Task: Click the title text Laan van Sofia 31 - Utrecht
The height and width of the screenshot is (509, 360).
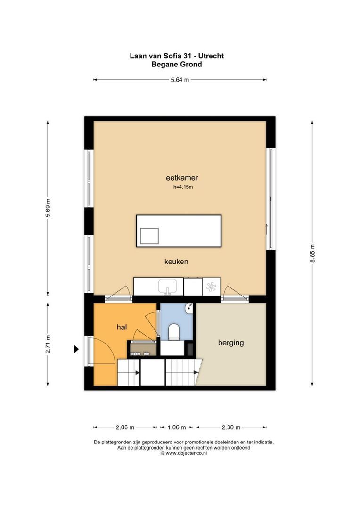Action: click(x=177, y=56)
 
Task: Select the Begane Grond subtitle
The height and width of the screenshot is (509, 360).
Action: click(x=177, y=64)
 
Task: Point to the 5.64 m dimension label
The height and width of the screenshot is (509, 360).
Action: click(x=180, y=80)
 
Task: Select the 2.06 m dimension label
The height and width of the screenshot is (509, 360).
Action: click(x=125, y=427)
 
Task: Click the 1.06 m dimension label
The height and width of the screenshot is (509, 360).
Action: click(x=177, y=427)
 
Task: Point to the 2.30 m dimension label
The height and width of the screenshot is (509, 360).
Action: click(x=231, y=427)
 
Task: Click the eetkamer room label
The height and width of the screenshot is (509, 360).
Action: click(x=181, y=178)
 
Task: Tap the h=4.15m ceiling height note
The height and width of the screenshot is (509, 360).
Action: click(x=183, y=187)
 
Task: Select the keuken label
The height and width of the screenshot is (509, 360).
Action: click(x=176, y=261)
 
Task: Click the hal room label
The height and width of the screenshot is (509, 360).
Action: click(x=123, y=326)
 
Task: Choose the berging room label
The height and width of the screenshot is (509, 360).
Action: click(x=231, y=343)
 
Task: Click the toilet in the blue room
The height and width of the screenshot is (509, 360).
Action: click(x=173, y=332)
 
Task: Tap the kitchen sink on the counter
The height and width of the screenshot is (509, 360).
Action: click(x=167, y=286)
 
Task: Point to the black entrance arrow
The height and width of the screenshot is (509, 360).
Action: click(x=75, y=349)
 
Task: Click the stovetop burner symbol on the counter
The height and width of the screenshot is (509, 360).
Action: click(x=211, y=286)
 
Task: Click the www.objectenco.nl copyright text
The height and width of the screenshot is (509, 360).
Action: click(x=184, y=453)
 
